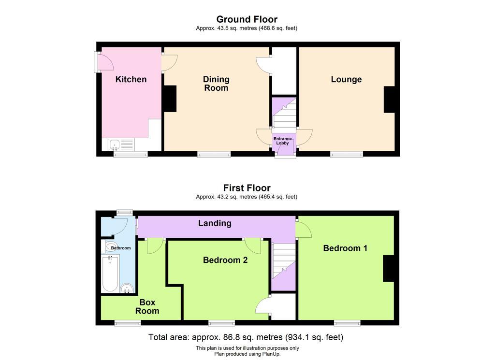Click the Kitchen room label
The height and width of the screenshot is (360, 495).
tap(131, 79)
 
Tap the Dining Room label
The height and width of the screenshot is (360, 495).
tap(216, 84)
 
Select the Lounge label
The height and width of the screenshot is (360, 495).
tap(346, 80)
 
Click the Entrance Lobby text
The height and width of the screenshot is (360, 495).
tap(282, 141)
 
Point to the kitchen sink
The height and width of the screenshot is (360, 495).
tap(114, 145)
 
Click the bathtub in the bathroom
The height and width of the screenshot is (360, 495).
tap(110, 274)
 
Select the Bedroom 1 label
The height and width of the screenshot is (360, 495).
tap(345, 248)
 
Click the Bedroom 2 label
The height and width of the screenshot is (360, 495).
tap(225, 260)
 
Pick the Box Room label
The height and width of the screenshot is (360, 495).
tap(147, 307)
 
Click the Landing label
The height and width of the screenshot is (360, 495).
tap(215, 223)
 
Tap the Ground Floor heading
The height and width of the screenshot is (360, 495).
tap(247, 19)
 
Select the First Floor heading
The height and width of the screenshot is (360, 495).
tap(247, 188)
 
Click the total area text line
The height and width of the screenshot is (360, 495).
tap(246, 337)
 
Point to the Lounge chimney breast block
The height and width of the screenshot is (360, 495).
tap(389, 100)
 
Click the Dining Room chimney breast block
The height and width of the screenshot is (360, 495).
tap(170, 99)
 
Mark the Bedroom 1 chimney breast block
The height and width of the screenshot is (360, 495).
tap(389, 268)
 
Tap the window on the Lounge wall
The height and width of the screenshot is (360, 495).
tap(347, 154)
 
